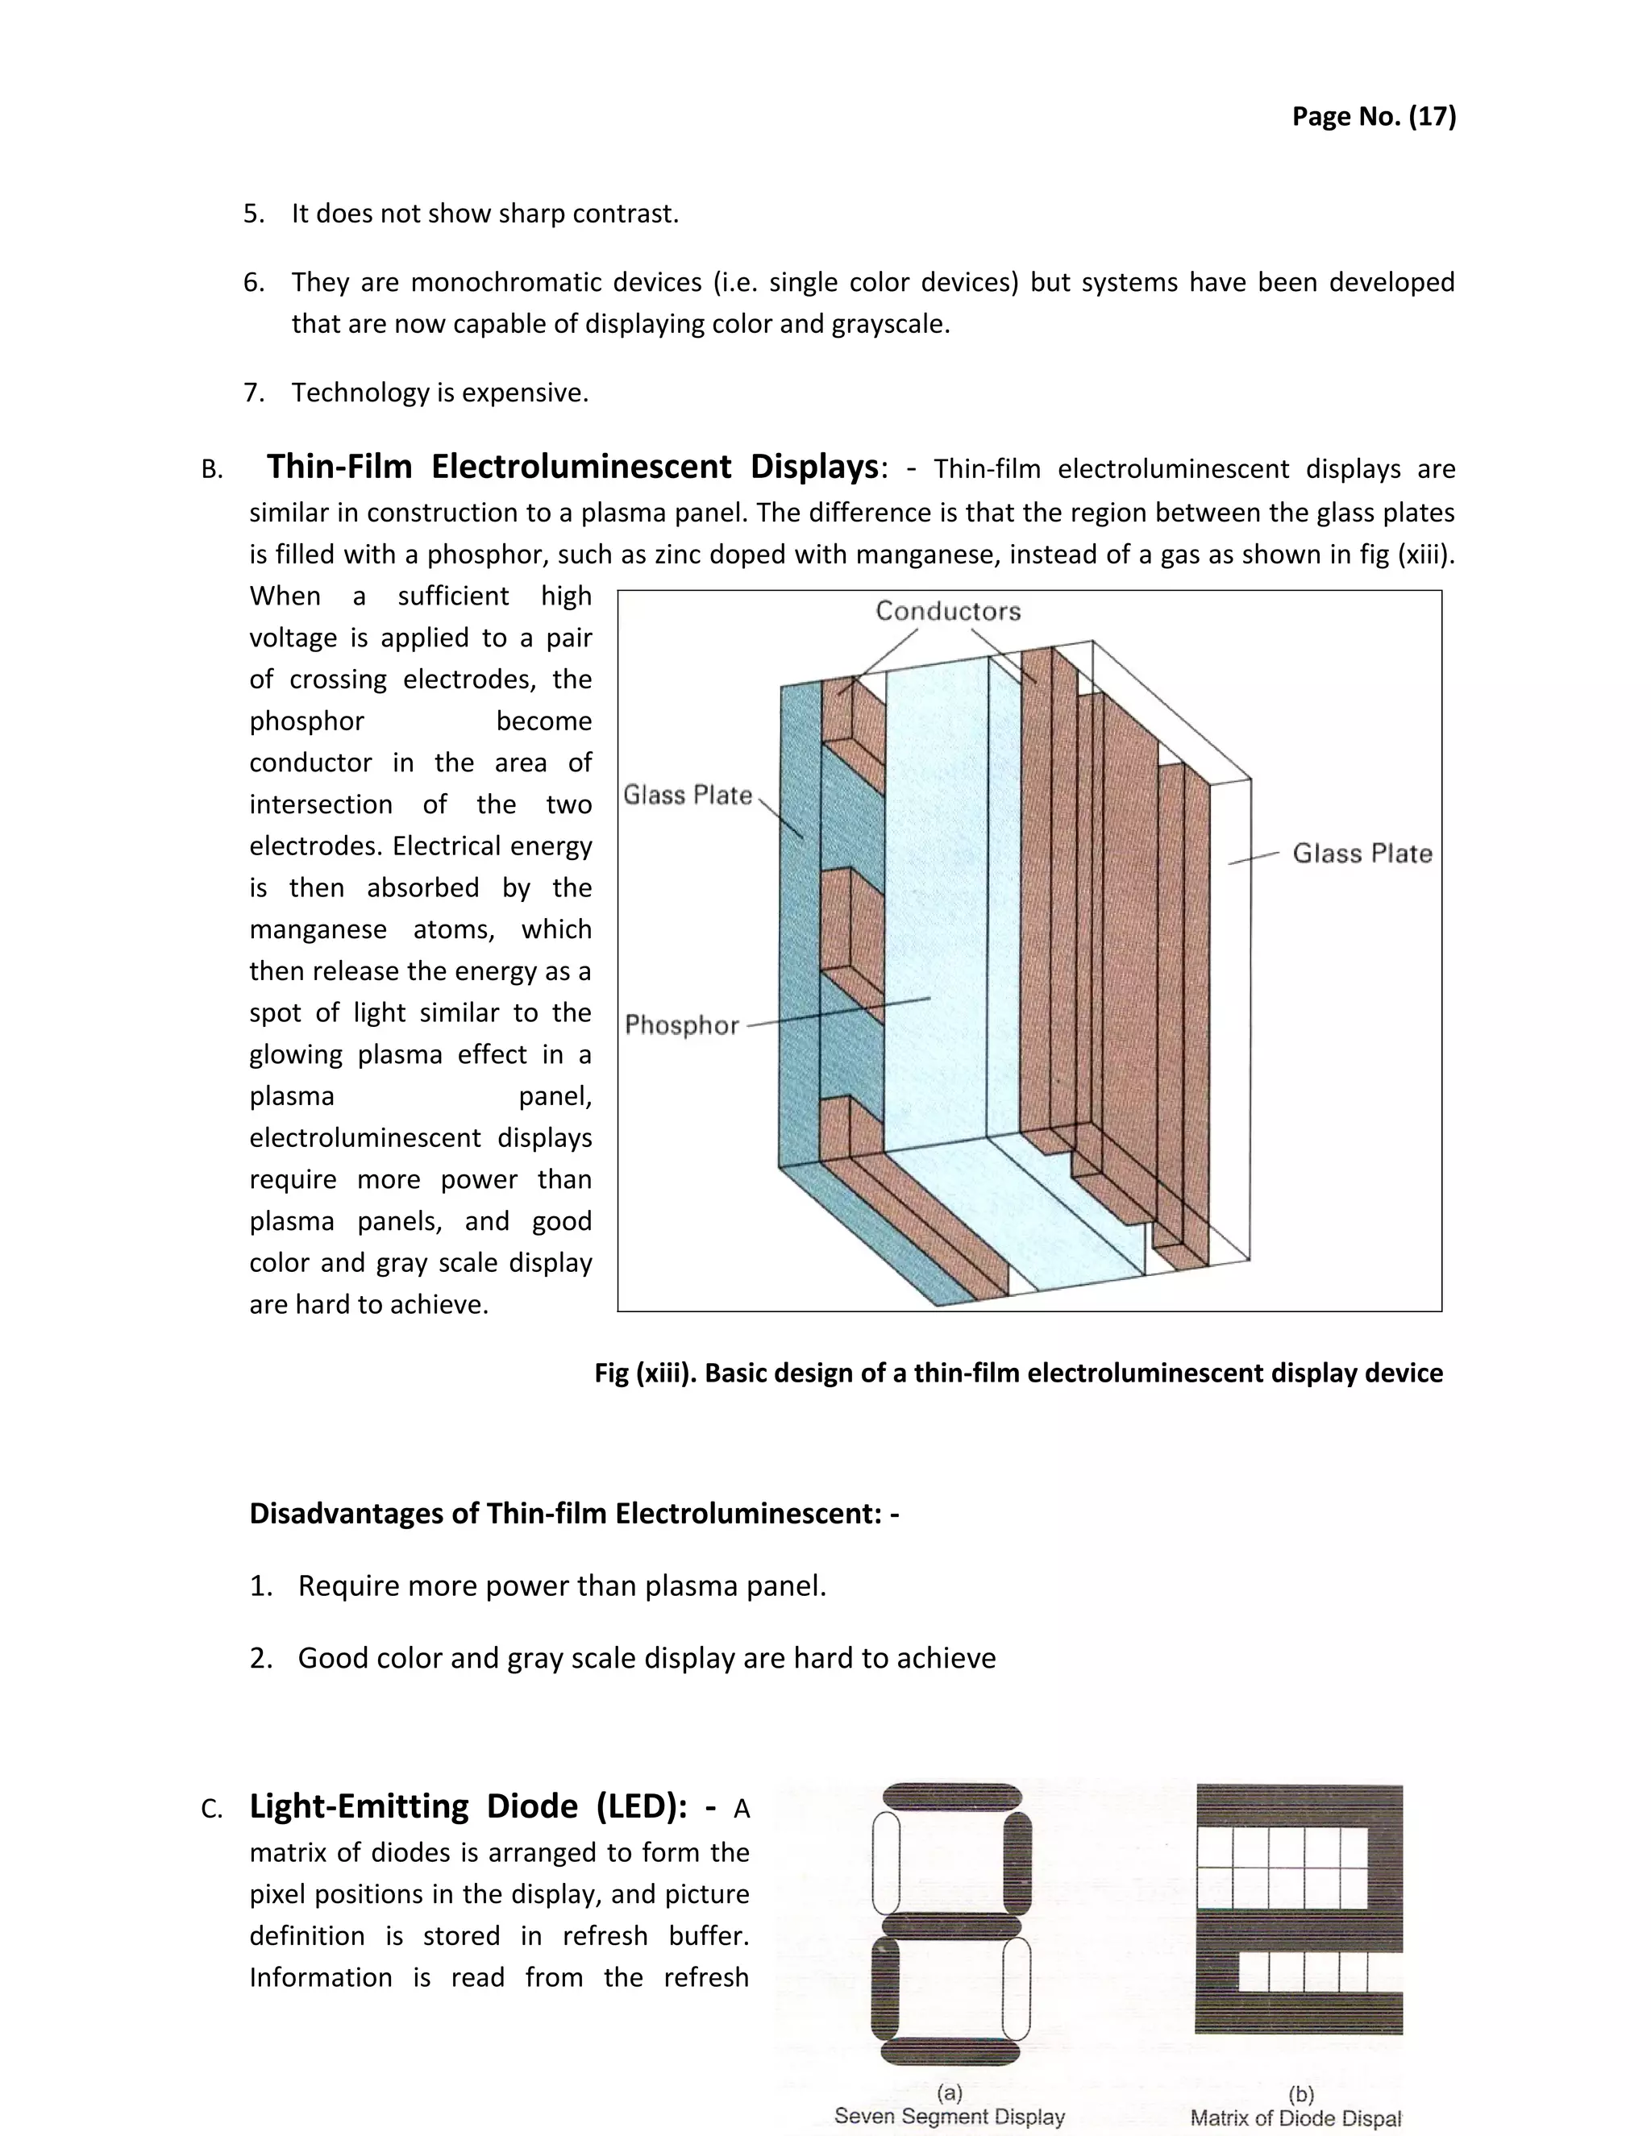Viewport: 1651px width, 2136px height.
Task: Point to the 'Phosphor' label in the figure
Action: (682, 1025)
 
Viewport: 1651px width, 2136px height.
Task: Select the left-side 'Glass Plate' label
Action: (688, 795)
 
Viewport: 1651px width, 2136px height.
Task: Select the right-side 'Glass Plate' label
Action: (1362, 854)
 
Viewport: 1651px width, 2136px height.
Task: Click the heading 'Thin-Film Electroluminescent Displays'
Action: (572, 468)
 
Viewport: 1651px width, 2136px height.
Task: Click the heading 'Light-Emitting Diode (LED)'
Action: (468, 1806)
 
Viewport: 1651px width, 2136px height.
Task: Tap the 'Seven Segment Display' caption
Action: (949, 2117)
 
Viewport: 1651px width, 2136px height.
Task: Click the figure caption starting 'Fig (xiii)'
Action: (1018, 1373)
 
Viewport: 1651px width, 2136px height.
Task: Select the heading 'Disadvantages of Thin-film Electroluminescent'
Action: (573, 1514)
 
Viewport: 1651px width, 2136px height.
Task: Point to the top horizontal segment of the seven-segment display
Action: (952, 1797)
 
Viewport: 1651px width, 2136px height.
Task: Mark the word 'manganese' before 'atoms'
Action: (318, 930)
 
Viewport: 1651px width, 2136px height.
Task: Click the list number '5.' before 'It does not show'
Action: (253, 214)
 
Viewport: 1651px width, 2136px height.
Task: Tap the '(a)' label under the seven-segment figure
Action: (949, 2093)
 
